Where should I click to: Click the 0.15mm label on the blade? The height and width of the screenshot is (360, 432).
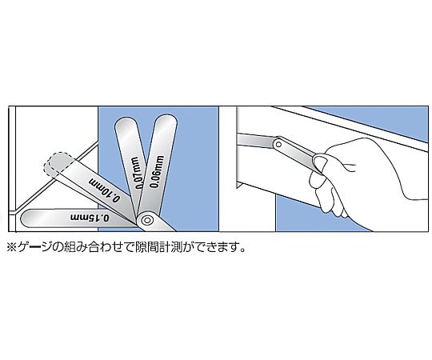90,217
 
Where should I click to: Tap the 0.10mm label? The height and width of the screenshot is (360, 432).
105,190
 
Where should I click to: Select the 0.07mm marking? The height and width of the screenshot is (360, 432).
138,173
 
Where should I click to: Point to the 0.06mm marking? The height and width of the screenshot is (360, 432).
157,171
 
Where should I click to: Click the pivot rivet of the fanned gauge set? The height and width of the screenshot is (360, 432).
147,220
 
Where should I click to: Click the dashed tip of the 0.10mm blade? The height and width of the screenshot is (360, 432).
57,164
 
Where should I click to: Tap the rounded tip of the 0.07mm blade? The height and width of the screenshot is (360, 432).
126,124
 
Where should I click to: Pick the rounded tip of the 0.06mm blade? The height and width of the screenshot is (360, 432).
166,120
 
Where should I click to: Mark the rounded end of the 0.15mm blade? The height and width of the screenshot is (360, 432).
27,218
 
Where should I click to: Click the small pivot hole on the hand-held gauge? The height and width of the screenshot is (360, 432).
278,144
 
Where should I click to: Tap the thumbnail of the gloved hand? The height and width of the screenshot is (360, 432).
318,162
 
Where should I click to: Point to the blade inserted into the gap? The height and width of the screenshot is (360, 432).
256,142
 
